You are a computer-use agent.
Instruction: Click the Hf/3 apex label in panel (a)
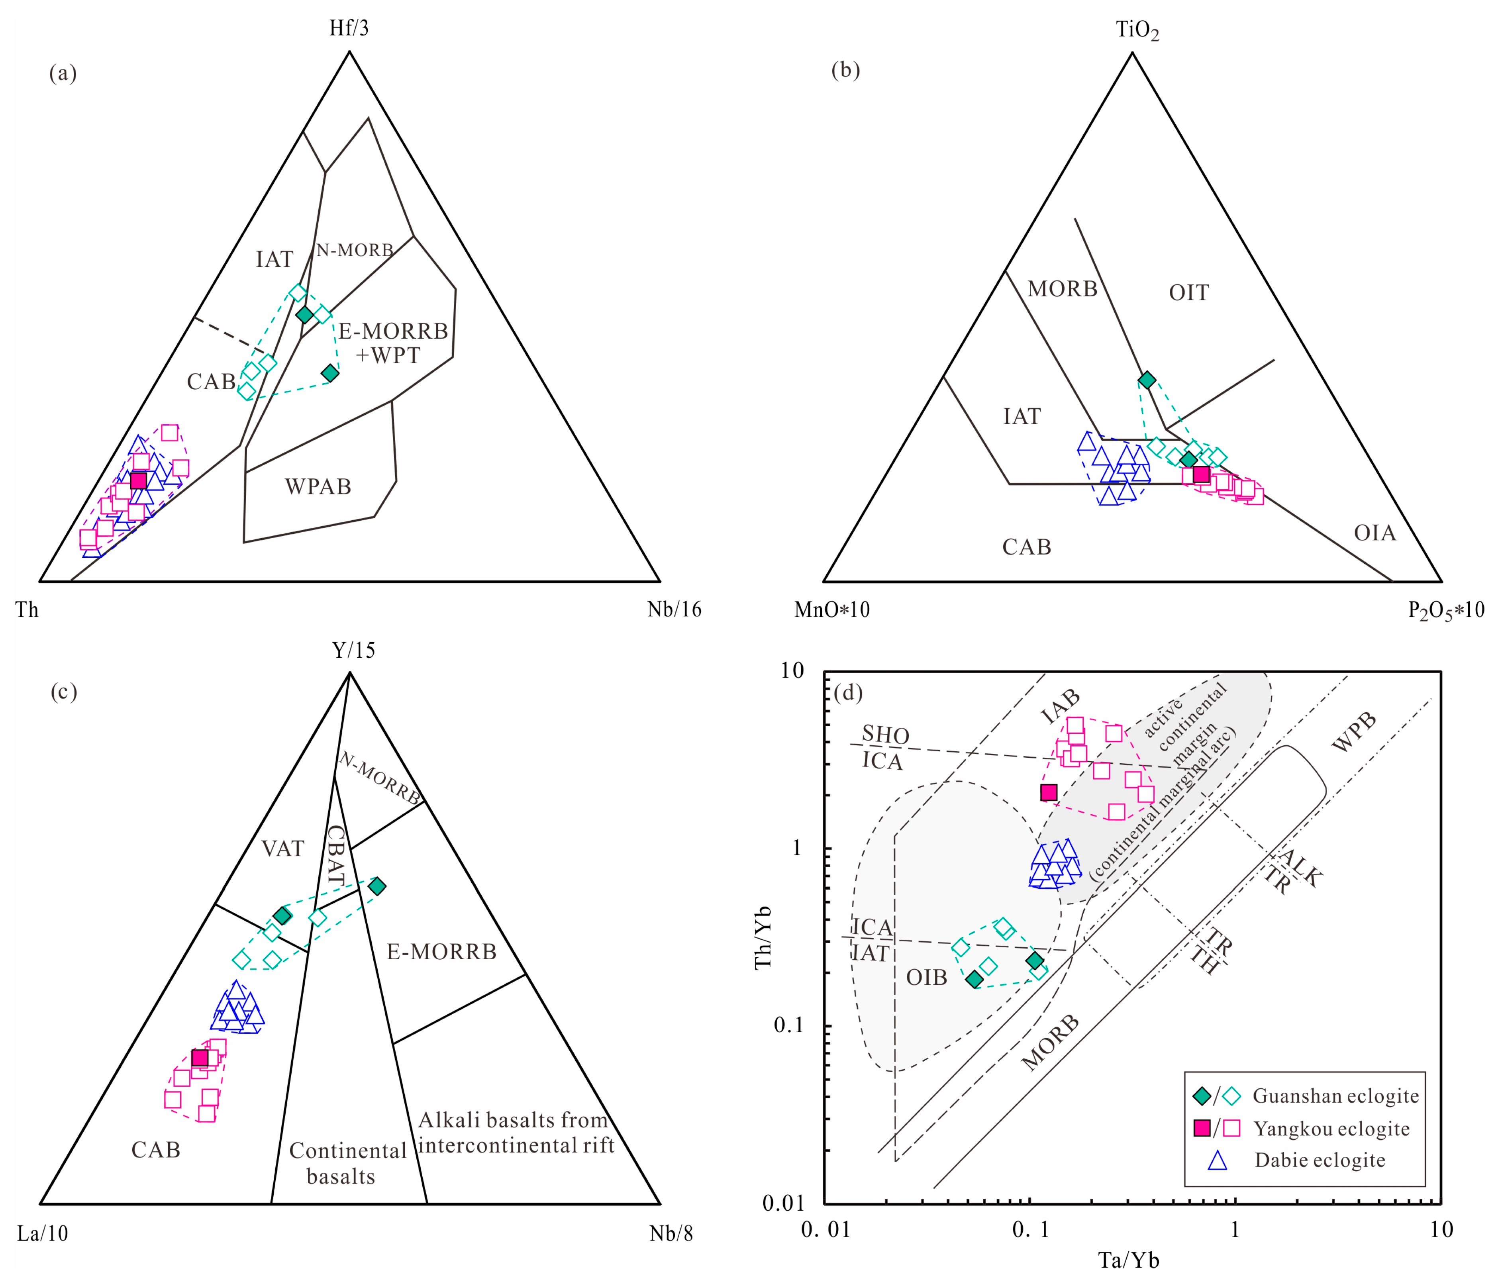point(349,28)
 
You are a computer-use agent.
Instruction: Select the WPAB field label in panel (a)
point(318,486)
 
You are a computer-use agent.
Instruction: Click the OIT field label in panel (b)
point(1188,293)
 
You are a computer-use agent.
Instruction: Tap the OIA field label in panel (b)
point(1374,533)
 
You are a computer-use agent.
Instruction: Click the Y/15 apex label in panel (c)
point(353,651)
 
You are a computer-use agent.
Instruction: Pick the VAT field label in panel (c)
point(283,849)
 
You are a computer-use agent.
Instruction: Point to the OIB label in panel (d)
point(926,978)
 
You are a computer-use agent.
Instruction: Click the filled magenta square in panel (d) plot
point(1048,792)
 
